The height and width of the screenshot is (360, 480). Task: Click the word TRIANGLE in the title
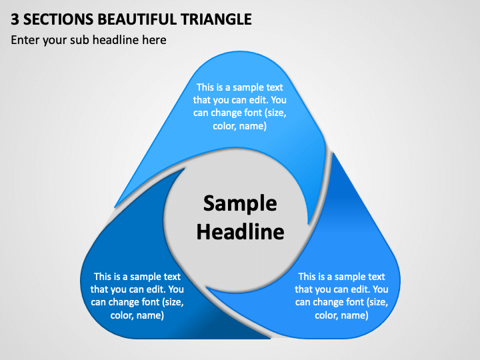tap(216, 19)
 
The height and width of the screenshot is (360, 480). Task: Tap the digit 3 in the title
tap(15, 19)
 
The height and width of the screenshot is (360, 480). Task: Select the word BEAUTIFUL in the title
tap(137, 19)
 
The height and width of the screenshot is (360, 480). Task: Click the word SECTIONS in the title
tap(58, 19)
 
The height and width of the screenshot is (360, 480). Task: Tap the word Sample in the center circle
tap(240, 203)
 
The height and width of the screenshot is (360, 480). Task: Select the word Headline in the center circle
tap(240, 232)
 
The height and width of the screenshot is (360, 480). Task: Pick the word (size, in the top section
tap(277, 113)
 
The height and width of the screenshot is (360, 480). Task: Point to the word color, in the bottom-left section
tap(122, 315)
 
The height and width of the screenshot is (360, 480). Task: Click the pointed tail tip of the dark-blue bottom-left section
tap(185, 169)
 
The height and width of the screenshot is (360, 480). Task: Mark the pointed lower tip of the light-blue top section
tap(309, 225)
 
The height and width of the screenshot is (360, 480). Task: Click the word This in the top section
tap(205, 87)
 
